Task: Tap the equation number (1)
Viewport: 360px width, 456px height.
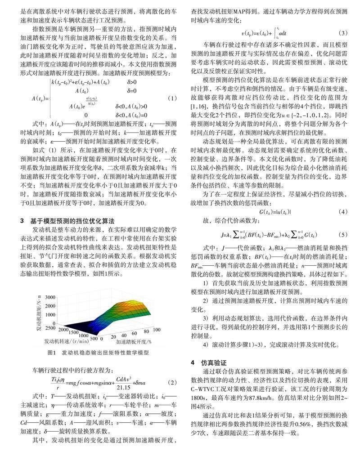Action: point(171,98)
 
